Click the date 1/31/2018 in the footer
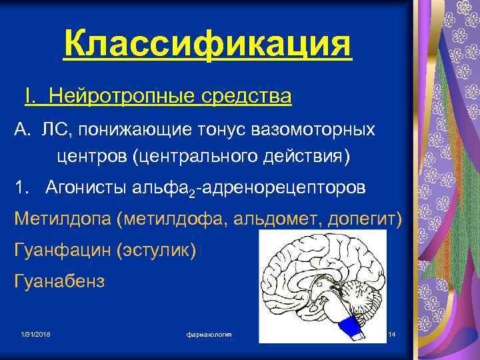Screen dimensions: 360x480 36,333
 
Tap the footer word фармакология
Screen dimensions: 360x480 209,333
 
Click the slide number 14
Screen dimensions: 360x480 391,333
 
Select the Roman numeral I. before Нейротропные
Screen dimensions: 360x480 29,97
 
